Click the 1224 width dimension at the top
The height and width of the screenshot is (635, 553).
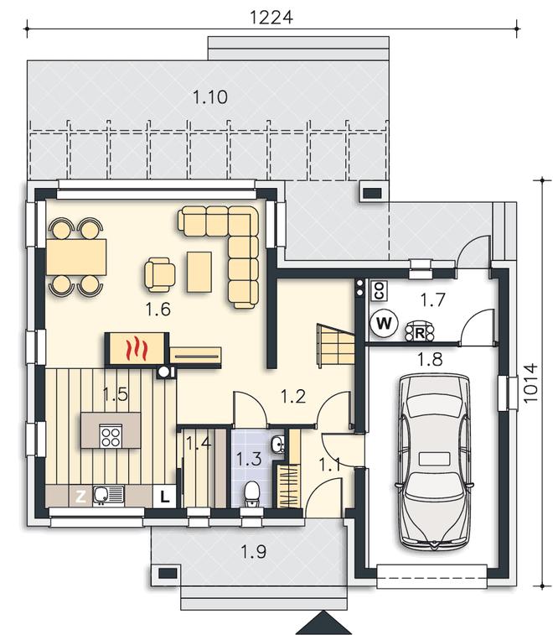tap(271, 18)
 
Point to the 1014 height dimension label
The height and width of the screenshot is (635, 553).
tap(530, 383)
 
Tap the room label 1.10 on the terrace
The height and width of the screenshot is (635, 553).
tap(210, 97)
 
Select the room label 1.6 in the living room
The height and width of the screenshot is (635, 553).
tap(158, 310)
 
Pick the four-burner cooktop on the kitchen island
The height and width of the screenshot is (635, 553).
tap(111, 436)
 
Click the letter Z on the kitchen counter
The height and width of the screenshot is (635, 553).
tap(80, 496)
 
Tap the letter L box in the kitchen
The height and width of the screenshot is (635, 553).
tap(164, 496)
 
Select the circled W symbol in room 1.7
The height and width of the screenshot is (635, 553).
tap(384, 323)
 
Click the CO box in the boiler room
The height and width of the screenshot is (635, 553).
tap(379, 291)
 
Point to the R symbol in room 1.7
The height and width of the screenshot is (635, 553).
tap(420, 332)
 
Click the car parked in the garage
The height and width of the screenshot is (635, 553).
tap(435, 461)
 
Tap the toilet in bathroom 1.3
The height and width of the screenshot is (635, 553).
tap(251, 493)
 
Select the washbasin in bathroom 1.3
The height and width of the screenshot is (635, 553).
tap(278, 445)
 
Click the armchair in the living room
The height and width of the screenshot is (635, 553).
tap(160, 275)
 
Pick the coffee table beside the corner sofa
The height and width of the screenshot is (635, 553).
tap(199, 272)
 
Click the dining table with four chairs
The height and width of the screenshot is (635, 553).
tap(76, 258)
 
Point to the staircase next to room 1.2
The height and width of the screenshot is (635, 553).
tap(336, 345)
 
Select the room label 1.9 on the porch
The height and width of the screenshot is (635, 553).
tap(254, 552)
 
